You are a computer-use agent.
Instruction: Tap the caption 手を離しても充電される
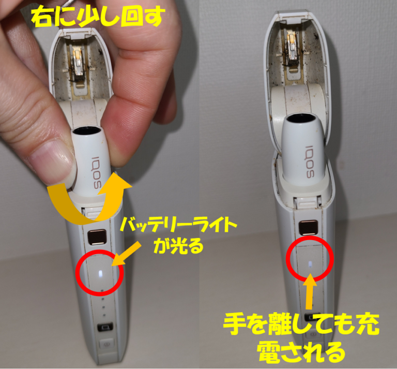(x=301, y=337)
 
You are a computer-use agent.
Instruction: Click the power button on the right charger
(x=309, y=316)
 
